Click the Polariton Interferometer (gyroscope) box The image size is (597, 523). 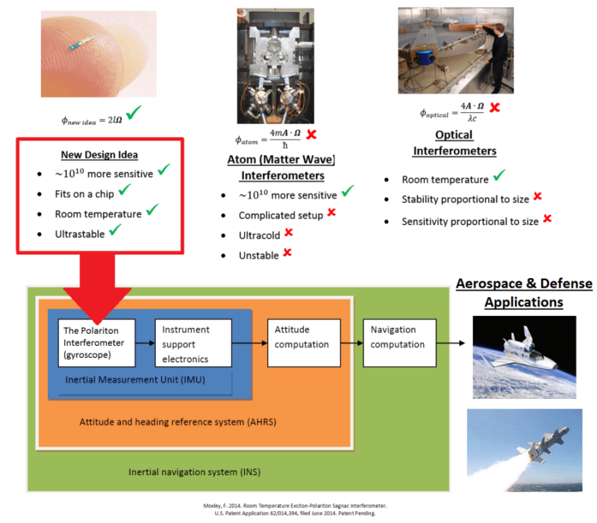pos(96,342)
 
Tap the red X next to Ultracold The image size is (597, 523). pos(287,233)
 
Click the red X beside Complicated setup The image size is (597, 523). pos(331,214)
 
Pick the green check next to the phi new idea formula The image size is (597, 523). pos(134,114)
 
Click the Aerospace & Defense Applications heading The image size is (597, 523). pos(523,294)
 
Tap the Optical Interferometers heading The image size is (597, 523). pos(454,143)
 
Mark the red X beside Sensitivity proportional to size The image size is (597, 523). pos(547,219)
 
